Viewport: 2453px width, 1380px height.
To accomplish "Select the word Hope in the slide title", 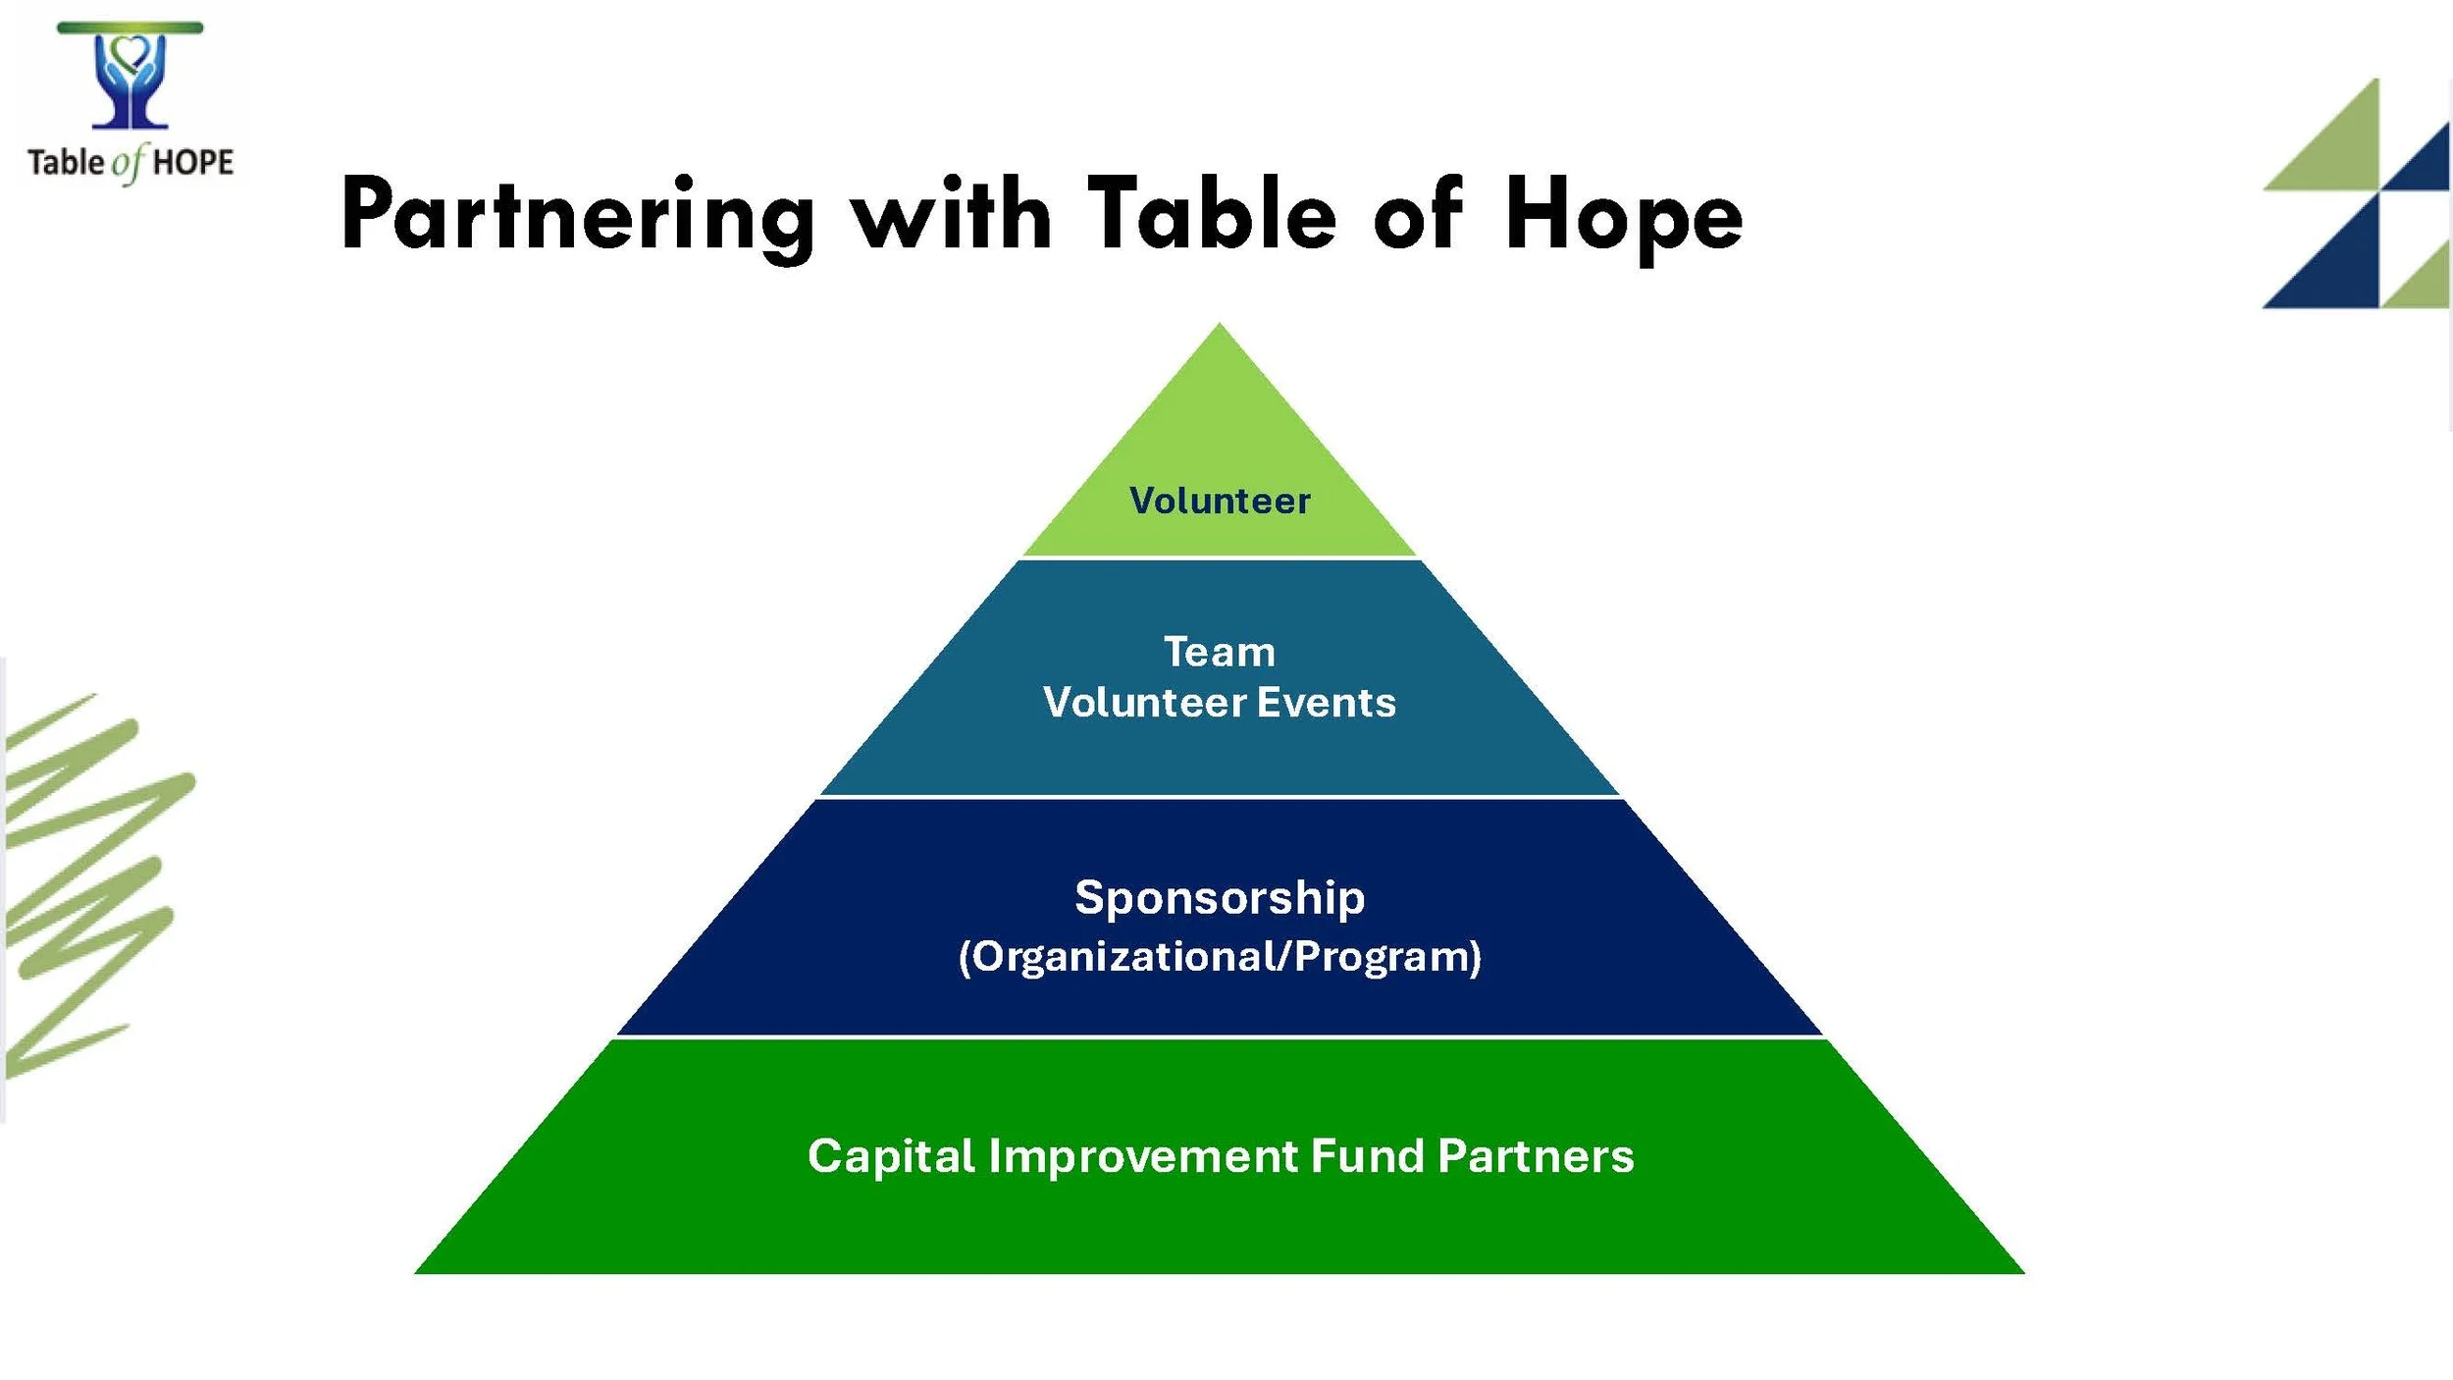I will (x=1623, y=218).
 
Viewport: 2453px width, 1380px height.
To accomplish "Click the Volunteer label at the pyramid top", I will (x=1220, y=502).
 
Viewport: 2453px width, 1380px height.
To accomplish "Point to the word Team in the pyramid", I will (x=1220, y=653).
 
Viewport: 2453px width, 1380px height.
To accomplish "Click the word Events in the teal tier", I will (x=1327, y=703).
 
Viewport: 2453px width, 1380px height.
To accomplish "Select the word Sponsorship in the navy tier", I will (x=1220, y=898).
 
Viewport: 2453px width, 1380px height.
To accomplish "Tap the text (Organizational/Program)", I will (x=1220, y=957).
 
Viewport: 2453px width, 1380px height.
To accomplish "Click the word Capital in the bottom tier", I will (x=891, y=1156).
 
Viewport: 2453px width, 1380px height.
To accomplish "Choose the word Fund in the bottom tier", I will (x=1367, y=1156).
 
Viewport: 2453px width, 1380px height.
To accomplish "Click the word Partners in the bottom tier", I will (x=1536, y=1156).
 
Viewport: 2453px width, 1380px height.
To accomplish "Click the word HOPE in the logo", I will (x=193, y=162).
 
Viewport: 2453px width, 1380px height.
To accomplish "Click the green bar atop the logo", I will (x=130, y=27).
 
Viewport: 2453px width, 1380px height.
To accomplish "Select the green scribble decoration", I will (x=88, y=883).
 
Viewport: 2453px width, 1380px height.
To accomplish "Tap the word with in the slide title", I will (x=950, y=214).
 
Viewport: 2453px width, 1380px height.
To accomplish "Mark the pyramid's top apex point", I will (x=1220, y=326).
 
